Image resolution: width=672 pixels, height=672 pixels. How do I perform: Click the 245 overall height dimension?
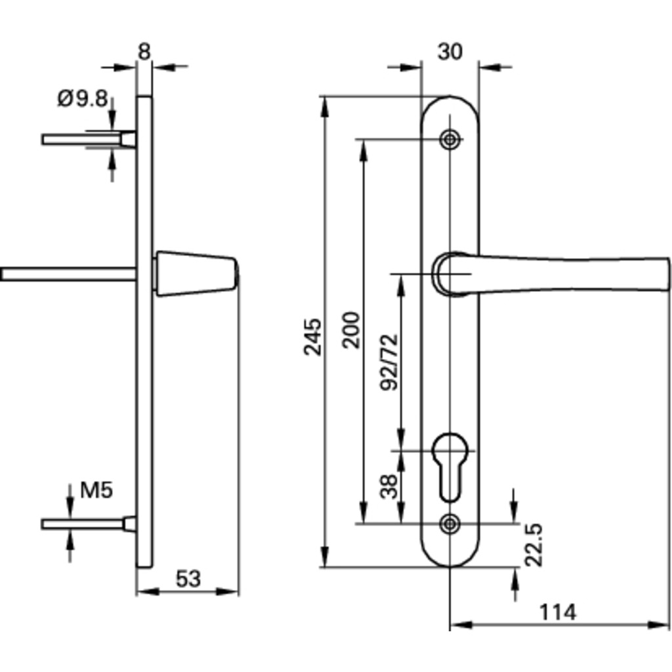pyautogui.click(x=313, y=337)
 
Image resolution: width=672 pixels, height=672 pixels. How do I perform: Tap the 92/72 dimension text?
pyautogui.click(x=389, y=362)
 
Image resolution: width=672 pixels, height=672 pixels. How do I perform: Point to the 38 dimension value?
pyautogui.click(x=389, y=486)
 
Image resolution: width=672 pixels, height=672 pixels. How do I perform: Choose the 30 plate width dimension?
pyautogui.click(x=450, y=52)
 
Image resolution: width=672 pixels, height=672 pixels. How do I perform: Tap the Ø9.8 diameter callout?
pyautogui.click(x=82, y=99)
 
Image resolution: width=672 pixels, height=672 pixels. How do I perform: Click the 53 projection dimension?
pyautogui.click(x=188, y=579)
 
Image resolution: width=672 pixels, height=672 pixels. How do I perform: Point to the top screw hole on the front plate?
pyautogui.click(x=450, y=139)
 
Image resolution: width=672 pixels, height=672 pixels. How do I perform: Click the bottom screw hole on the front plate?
pyautogui.click(x=450, y=522)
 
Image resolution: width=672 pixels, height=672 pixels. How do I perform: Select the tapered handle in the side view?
pyautogui.click(x=195, y=274)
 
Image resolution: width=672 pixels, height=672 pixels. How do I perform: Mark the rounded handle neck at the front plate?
pyautogui.click(x=447, y=272)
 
